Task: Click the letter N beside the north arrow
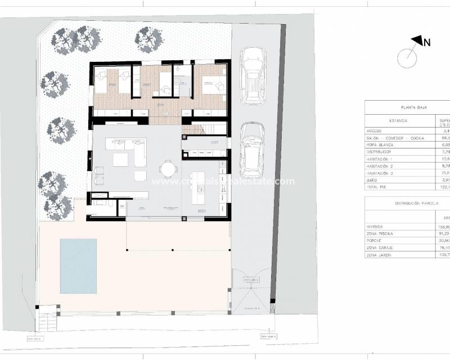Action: pyautogui.click(x=427, y=42)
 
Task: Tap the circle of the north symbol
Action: pyautogui.click(x=407, y=57)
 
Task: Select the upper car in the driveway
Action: pyautogui.click(x=253, y=75)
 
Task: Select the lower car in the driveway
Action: pyautogui.click(x=252, y=150)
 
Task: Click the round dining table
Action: pyautogui.click(x=167, y=168)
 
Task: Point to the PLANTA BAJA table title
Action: pyautogui.click(x=412, y=107)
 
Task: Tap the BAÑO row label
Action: pyautogui.click(x=372, y=180)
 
